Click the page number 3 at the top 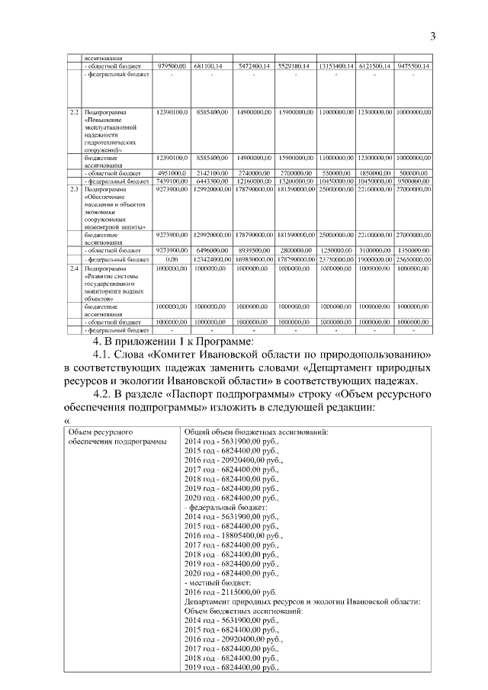tap(432, 36)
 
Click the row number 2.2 tap(74, 113)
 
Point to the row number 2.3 tap(74, 188)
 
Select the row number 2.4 tap(74, 269)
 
